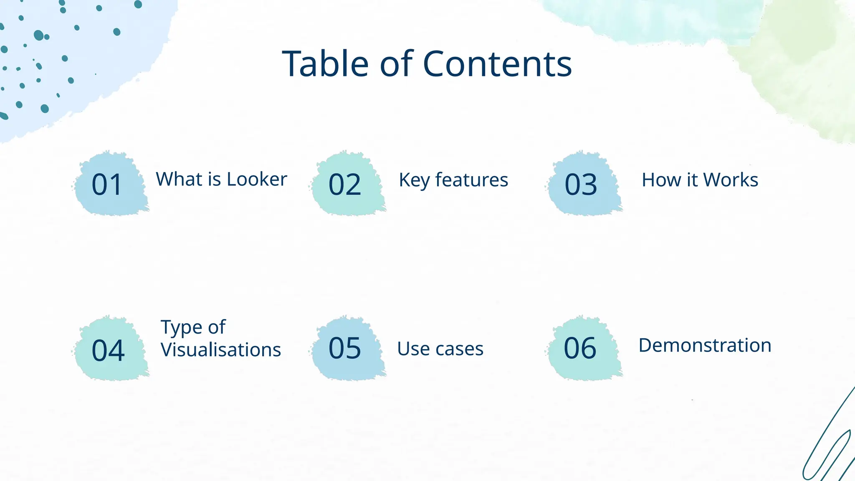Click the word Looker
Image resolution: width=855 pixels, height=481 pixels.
257,179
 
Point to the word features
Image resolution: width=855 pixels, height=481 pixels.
471,180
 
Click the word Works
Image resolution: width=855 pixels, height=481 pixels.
731,180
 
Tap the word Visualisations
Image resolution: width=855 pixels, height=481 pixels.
221,350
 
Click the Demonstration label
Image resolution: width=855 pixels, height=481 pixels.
705,345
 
